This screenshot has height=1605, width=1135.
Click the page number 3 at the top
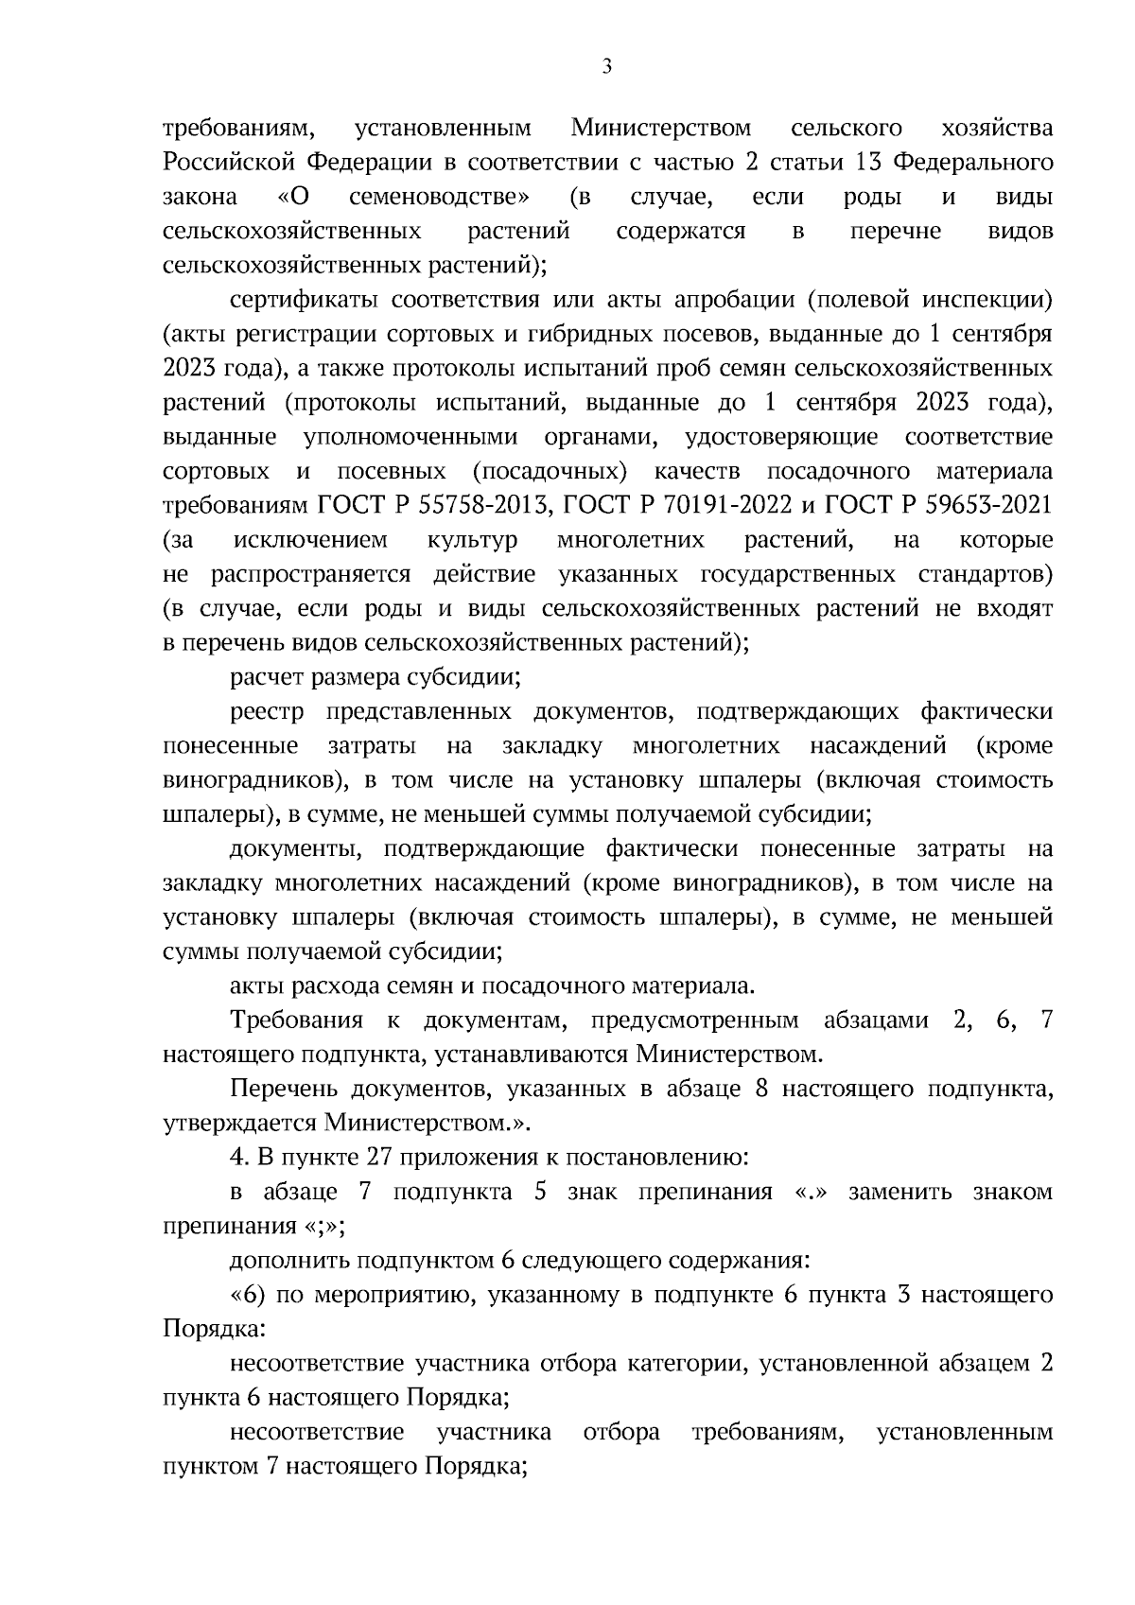click(606, 66)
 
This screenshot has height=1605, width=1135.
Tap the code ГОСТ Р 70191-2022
click(677, 506)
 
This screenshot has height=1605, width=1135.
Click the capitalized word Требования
click(297, 1021)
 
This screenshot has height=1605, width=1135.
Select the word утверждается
click(240, 1123)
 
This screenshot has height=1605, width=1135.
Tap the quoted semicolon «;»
click(323, 1227)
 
